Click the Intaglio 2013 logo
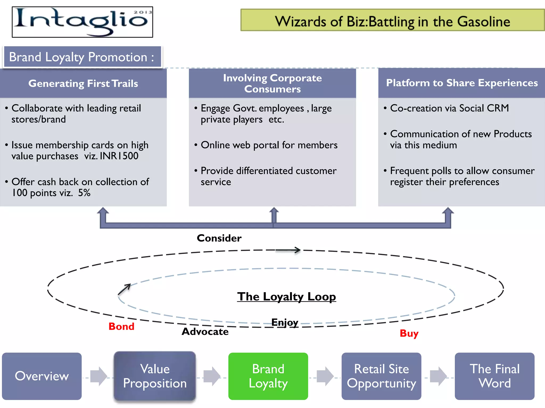(x=82, y=22)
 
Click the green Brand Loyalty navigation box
(x=268, y=376)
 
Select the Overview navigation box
(x=42, y=376)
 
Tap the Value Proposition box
(x=155, y=376)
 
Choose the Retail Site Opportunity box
(x=381, y=376)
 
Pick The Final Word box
(x=494, y=376)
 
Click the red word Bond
(x=121, y=326)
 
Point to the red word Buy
(x=409, y=333)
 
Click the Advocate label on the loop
(x=205, y=331)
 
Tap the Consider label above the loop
(x=219, y=238)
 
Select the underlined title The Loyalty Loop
(x=286, y=297)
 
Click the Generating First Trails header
(x=83, y=83)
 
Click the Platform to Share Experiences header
(x=462, y=83)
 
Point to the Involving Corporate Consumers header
(x=272, y=83)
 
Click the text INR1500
(x=119, y=156)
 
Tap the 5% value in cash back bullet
(x=84, y=193)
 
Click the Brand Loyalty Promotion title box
(x=82, y=57)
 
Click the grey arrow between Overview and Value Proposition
(x=98, y=376)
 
